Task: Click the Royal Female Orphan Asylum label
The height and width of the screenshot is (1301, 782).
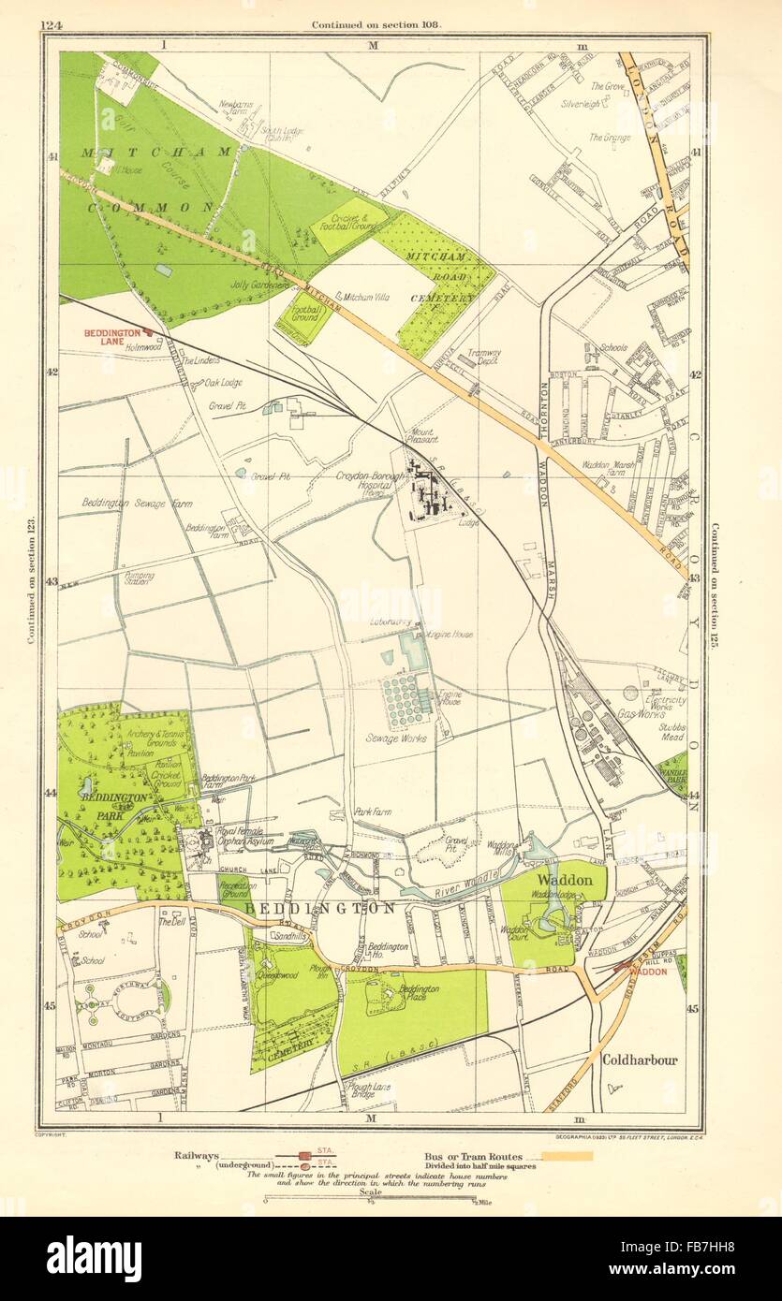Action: pyautogui.click(x=245, y=836)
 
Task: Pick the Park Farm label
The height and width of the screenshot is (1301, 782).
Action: pyautogui.click(x=373, y=812)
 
